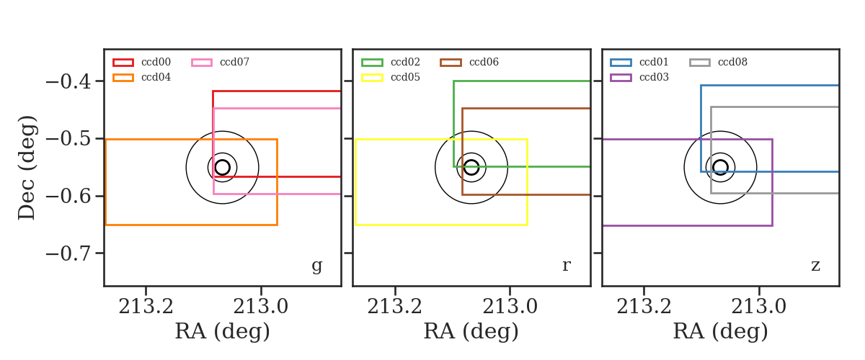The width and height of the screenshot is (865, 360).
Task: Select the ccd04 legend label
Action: [x=156, y=77]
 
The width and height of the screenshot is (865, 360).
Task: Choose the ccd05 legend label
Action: [x=405, y=77]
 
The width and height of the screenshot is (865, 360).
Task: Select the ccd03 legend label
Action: [x=655, y=77]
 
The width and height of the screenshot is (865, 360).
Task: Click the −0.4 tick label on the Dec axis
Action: [x=68, y=82]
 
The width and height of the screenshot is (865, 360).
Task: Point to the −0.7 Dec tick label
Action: [x=68, y=254]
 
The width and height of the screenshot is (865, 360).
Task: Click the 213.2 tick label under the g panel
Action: [x=146, y=307]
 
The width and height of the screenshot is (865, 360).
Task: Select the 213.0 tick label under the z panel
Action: [x=759, y=307]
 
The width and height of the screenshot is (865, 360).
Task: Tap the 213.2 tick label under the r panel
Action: [x=395, y=307]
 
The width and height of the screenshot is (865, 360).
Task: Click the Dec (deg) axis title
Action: [x=27, y=168]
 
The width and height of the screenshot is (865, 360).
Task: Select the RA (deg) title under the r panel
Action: [x=471, y=331]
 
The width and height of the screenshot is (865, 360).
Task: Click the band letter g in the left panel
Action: [x=316, y=266]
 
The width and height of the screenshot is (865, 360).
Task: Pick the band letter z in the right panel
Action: [x=815, y=266]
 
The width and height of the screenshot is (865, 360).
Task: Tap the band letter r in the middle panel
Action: [x=566, y=266]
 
